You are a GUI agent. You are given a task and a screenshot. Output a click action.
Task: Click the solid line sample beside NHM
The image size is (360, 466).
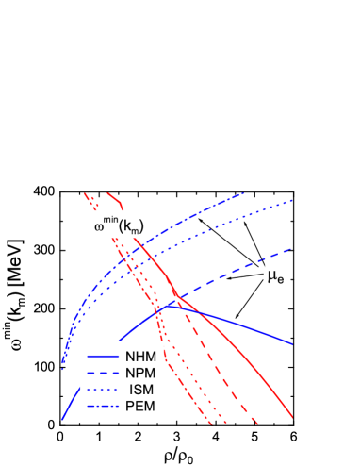point(102,358)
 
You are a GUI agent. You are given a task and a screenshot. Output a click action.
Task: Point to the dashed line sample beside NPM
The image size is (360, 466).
point(102,374)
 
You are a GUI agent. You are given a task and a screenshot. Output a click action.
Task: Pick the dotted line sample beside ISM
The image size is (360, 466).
point(102,391)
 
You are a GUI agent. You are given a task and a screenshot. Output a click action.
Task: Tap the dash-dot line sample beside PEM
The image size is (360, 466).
point(102,408)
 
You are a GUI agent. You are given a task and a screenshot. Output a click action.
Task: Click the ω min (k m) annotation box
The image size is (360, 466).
point(118,224)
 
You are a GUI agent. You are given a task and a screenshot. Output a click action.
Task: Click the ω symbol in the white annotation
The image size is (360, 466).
point(100,226)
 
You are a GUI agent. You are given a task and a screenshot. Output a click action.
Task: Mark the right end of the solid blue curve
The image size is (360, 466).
point(292,343)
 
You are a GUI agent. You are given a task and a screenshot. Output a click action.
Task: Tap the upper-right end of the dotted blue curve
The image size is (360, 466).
point(295,200)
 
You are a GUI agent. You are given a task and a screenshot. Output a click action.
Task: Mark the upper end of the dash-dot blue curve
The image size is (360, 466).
point(243,192)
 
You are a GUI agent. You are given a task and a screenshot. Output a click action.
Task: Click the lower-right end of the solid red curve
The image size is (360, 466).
point(293,416)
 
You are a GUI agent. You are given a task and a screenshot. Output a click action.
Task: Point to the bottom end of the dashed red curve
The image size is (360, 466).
point(257,424)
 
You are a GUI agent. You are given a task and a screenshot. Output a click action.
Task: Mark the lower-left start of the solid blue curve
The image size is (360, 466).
point(62,417)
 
